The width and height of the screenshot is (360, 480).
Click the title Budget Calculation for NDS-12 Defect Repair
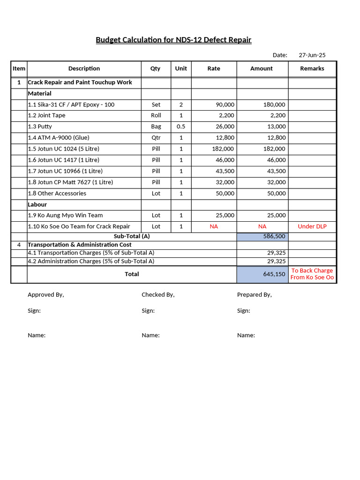[173, 40]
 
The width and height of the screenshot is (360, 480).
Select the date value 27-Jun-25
[312, 55]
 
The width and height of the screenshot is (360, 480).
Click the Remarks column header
[312, 68]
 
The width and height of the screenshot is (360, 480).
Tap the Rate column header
[214, 68]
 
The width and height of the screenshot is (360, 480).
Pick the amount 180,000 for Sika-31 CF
[274, 105]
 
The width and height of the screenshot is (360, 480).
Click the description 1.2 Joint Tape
[47, 115]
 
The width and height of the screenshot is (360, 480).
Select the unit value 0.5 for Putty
[181, 127]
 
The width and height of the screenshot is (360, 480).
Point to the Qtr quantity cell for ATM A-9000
[156, 138]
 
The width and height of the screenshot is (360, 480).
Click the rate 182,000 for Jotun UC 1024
[223, 149]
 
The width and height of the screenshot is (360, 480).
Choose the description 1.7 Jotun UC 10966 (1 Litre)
[65, 171]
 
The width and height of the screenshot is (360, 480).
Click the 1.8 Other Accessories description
[57, 194]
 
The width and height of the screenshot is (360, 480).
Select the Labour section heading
[37, 204]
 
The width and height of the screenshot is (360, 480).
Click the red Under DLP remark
[312, 226]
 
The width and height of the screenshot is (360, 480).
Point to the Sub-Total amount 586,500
[274, 237]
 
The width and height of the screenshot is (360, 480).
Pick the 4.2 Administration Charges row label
[91, 262]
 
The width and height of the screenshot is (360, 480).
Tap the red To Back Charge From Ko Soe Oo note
[312, 274]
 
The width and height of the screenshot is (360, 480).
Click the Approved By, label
[46, 295]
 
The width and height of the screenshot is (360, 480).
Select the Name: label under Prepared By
[246, 336]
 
